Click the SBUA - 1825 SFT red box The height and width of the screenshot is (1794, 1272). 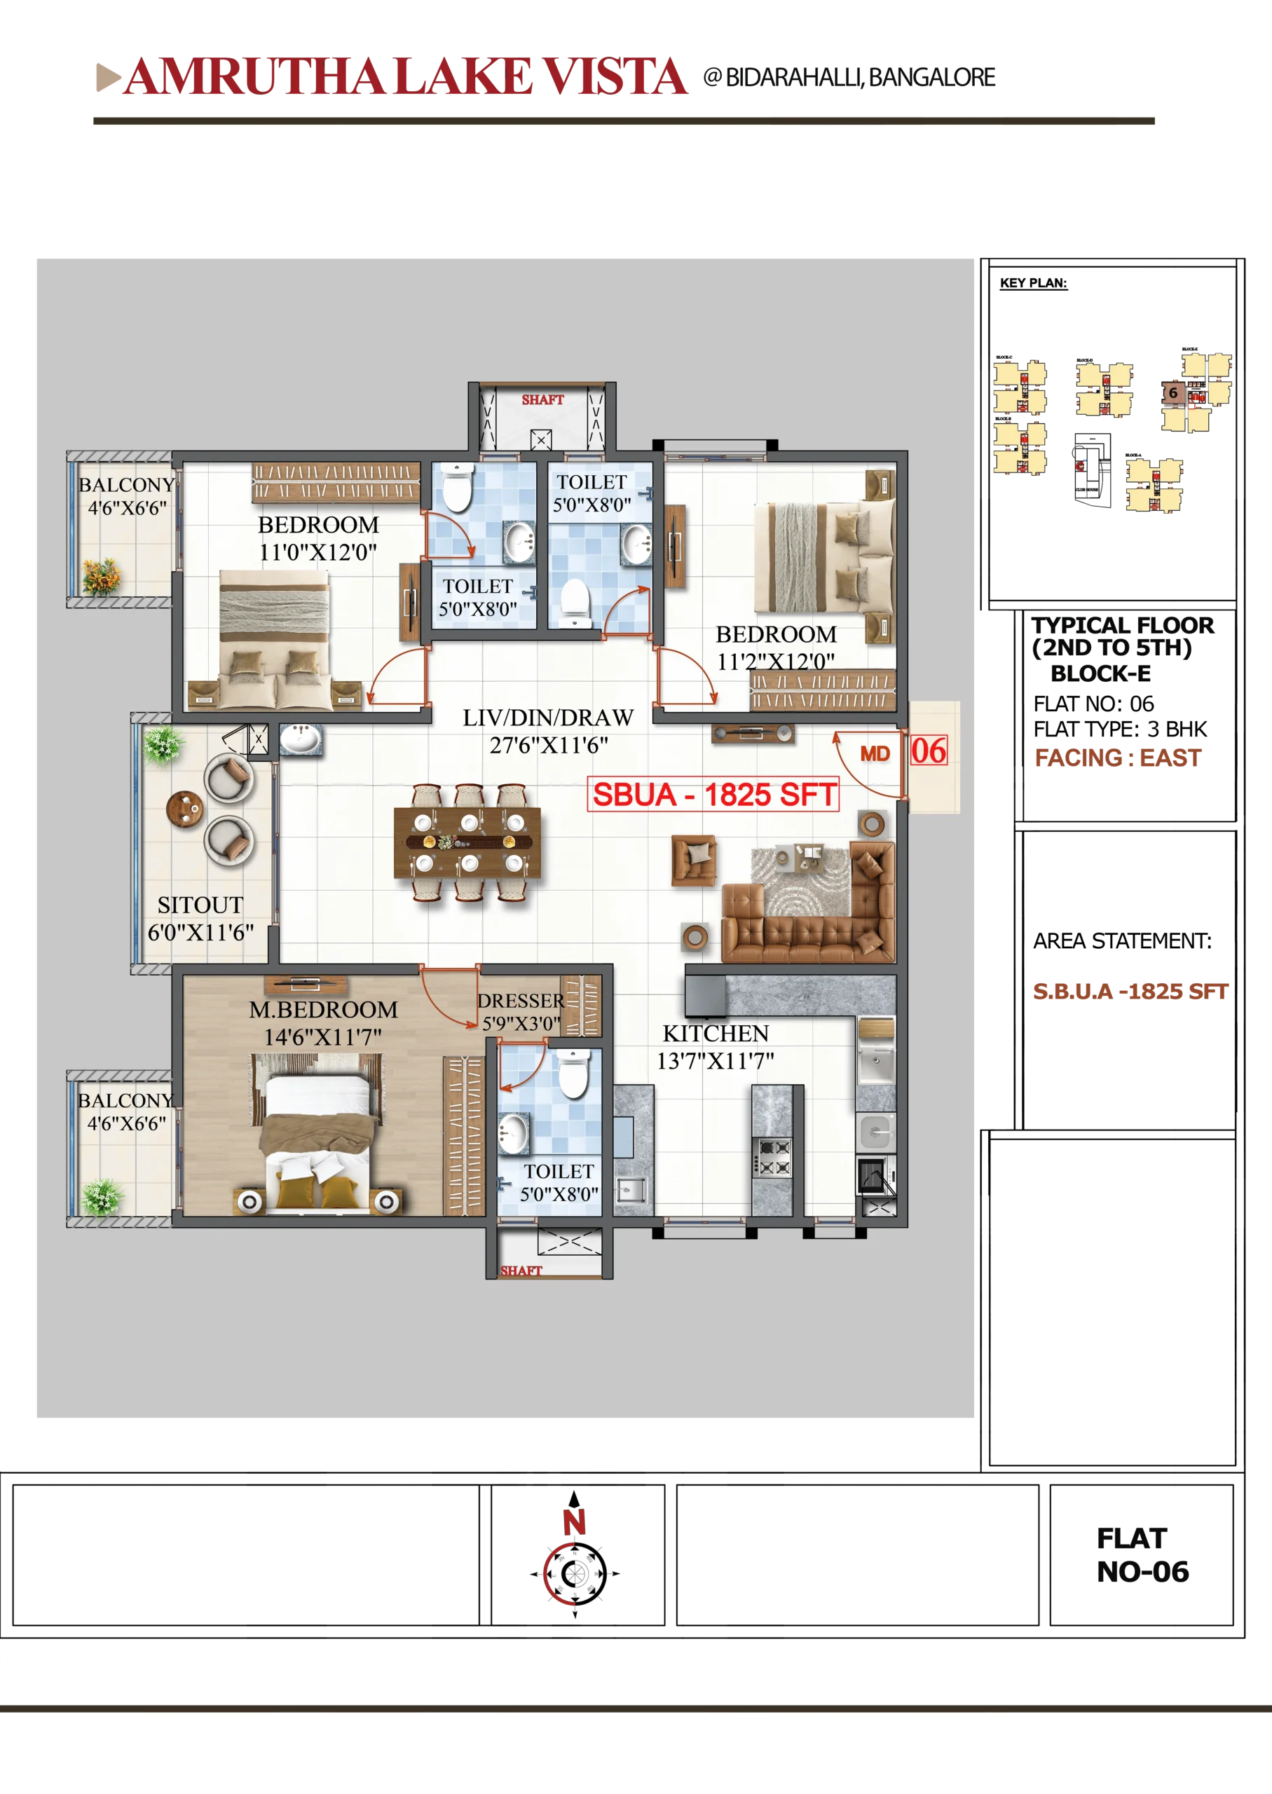coord(713,795)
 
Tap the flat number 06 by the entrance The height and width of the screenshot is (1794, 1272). coord(928,751)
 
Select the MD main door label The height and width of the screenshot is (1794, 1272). coord(875,754)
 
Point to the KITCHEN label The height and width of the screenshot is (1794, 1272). coord(715,1034)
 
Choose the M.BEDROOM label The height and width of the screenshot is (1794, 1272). coord(324,1009)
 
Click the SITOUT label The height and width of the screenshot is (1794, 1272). coord(200,905)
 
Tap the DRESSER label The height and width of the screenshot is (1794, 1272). coord(521,1001)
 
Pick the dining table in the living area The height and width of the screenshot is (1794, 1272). coord(468,842)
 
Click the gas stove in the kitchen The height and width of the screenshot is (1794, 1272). coord(772,1158)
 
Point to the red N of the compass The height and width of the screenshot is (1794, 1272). coord(574,1522)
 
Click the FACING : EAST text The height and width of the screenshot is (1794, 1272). coord(1117,758)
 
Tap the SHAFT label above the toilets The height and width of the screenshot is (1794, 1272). coord(543,399)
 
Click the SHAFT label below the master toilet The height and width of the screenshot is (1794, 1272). coord(521,1270)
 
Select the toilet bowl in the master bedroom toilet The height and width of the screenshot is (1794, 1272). coord(573,1074)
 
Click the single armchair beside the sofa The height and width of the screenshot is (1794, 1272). coord(694,860)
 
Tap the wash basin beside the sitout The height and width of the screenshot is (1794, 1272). coord(300,739)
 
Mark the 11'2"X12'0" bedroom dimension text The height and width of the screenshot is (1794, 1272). coord(775,662)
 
